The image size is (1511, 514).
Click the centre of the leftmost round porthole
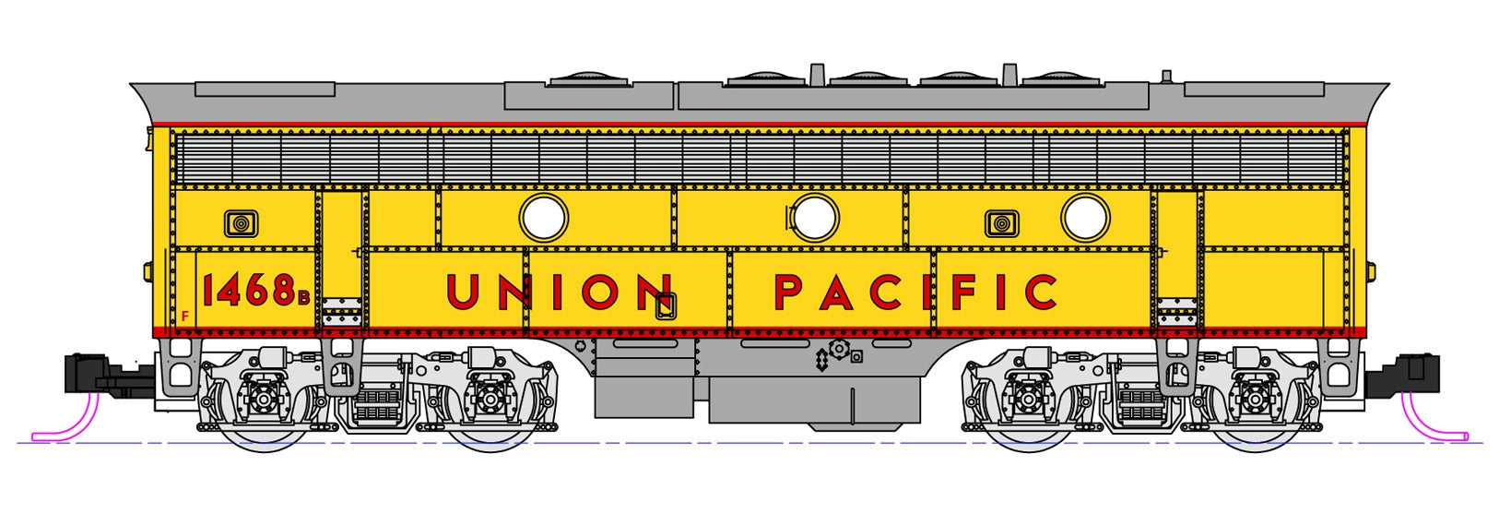point(544,218)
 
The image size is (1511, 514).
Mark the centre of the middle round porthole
point(816,218)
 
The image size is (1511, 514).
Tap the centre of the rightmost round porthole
point(1085,218)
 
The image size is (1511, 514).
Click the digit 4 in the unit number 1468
point(230,291)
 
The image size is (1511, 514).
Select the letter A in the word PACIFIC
point(837,292)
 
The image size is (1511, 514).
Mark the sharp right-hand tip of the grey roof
point(1389,84)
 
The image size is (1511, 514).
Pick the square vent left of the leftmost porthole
point(241,223)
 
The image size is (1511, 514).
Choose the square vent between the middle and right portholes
point(1002,223)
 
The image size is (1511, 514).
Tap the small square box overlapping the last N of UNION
point(666,306)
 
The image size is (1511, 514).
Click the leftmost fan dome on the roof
point(588,78)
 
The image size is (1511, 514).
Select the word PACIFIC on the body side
point(916,292)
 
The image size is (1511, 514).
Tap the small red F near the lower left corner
point(184,316)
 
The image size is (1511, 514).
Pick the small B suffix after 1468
point(303,296)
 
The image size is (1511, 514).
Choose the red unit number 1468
point(249,291)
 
